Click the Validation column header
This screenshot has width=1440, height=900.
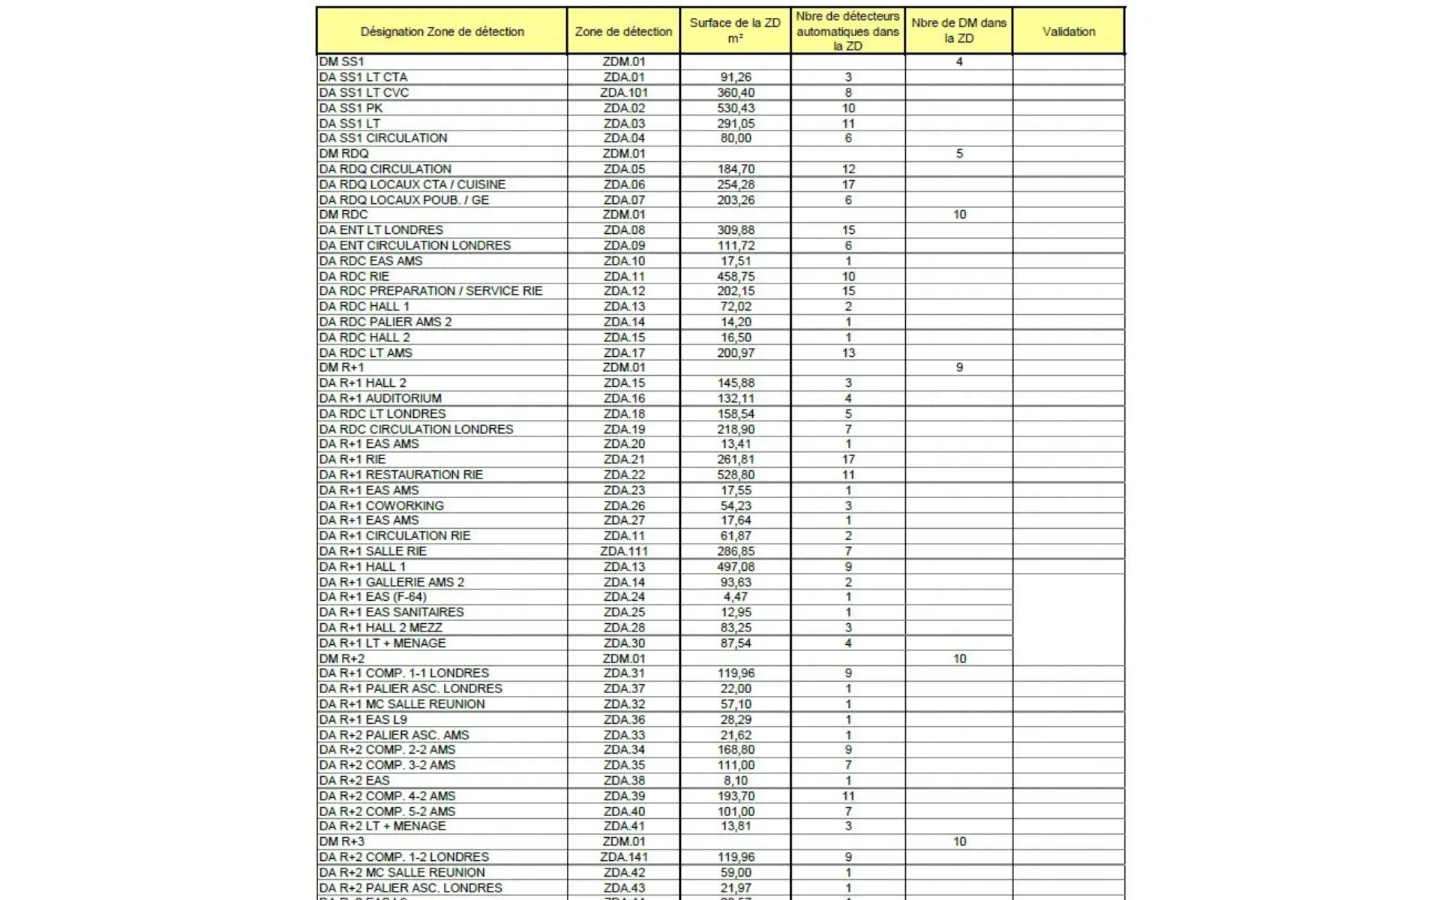(1068, 31)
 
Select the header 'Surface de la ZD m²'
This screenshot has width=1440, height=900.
(735, 31)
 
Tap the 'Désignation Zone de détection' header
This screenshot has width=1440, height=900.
(442, 31)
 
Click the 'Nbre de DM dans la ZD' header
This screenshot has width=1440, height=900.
(958, 31)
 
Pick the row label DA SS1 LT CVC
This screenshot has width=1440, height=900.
(364, 93)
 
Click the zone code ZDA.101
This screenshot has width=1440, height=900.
(623, 93)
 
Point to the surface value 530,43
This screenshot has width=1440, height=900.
(735, 108)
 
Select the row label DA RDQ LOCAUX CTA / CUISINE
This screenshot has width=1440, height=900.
(412, 184)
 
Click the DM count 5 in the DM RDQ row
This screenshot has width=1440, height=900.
(959, 154)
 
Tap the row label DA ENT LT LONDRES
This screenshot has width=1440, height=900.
(381, 230)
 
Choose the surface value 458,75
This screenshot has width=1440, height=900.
(735, 277)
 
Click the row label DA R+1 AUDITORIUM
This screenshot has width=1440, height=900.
(380, 398)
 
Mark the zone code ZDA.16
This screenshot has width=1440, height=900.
(623, 398)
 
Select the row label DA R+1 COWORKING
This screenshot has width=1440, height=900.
(381, 505)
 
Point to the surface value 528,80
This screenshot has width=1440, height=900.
(735, 475)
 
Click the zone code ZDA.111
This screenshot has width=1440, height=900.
(623, 551)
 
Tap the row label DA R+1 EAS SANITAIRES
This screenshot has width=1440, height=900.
(391, 612)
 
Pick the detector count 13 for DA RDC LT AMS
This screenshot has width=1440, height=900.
(848, 353)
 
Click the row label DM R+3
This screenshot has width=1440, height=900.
(341, 841)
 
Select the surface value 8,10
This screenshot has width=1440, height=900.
(735, 781)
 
